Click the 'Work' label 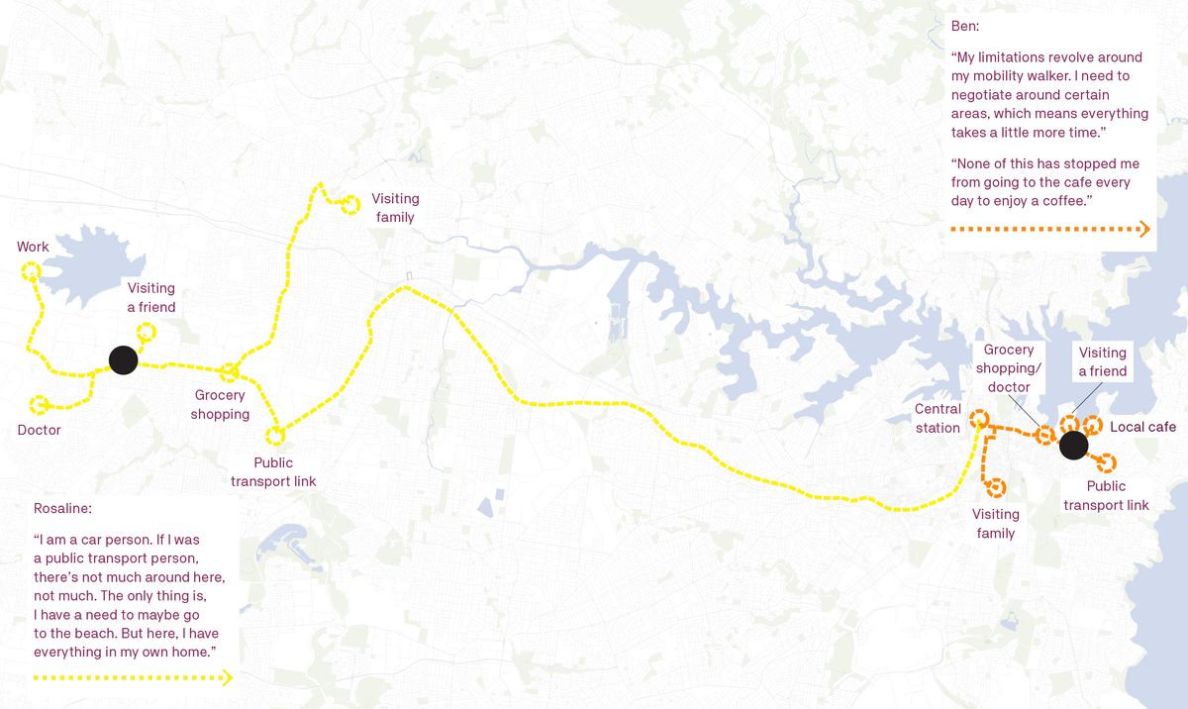click(x=33, y=247)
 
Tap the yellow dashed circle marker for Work click(x=30, y=269)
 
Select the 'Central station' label click(x=938, y=418)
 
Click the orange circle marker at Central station click(x=979, y=418)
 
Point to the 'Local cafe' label click(x=1143, y=427)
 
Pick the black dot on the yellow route click(x=122, y=360)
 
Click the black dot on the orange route click(x=1072, y=447)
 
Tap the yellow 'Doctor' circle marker click(x=40, y=404)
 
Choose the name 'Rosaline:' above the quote click(x=62, y=508)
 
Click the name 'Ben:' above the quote click(x=965, y=25)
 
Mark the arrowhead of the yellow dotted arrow click(x=228, y=678)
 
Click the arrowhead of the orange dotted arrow click(x=1144, y=230)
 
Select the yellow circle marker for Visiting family click(x=349, y=205)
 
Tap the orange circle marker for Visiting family click(x=996, y=487)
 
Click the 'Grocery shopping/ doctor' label click(x=1008, y=367)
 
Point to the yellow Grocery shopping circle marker click(x=230, y=372)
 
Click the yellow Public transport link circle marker click(x=275, y=434)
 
